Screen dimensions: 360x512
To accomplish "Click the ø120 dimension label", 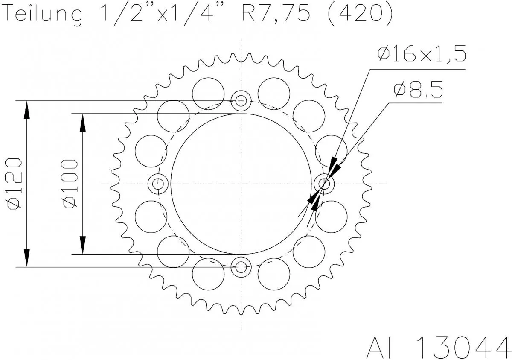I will pos(14,184).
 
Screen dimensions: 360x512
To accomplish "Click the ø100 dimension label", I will pos(70,184).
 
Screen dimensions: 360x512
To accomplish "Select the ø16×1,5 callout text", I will pos(422,55).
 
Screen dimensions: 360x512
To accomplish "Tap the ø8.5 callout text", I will pos(418,90).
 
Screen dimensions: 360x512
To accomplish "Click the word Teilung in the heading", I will pos(43,15).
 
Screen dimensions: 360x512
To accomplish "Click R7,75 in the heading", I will pos(273,14).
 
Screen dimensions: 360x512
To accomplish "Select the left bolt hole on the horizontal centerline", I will pos(158,184).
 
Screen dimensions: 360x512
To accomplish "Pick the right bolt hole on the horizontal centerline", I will pos(325,184).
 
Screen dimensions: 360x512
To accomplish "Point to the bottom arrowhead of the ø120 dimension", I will pos(27,258).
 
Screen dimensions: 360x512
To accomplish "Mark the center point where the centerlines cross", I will pos(241,184).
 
